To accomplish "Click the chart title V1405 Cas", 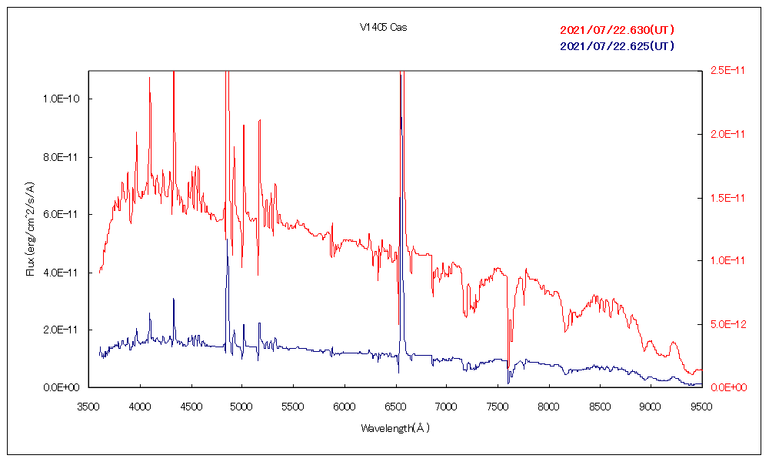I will [383, 28].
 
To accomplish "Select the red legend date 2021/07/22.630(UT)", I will [618, 30].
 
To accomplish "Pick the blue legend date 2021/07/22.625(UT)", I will [618, 46].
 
